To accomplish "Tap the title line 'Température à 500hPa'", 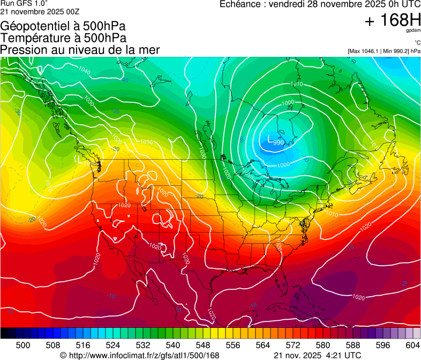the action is click(63, 38).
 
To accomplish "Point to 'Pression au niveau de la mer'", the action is click(80, 50).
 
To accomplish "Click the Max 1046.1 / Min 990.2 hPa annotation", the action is click(384, 51).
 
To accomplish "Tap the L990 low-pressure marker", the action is click(275, 140).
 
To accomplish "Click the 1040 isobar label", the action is click(84, 70).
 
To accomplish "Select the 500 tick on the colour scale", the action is click(23, 344).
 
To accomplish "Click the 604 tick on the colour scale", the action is click(412, 344).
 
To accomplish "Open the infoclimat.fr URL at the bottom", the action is click(140, 355).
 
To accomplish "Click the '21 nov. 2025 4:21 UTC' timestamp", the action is click(317, 355).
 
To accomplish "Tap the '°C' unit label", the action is click(417, 43).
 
